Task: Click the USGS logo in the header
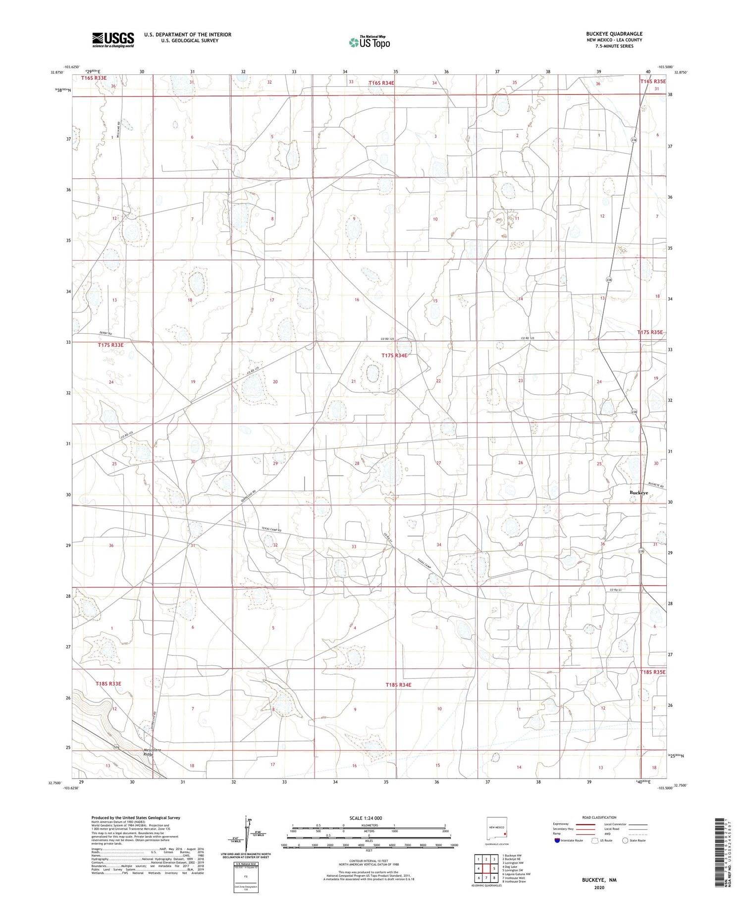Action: [x=113, y=40]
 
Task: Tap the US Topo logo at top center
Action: [x=369, y=43]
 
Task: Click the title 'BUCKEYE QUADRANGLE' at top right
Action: [x=614, y=34]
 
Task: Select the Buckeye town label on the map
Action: [x=638, y=493]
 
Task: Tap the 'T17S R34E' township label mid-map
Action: [x=394, y=356]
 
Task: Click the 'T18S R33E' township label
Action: [x=108, y=684]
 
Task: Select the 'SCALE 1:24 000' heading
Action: [x=366, y=818]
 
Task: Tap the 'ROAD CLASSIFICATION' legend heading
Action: [x=599, y=817]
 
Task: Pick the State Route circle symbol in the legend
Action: [x=625, y=841]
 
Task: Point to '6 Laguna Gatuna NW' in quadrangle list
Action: [x=516, y=874]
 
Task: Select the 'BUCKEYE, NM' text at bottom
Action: [x=599, y=881]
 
